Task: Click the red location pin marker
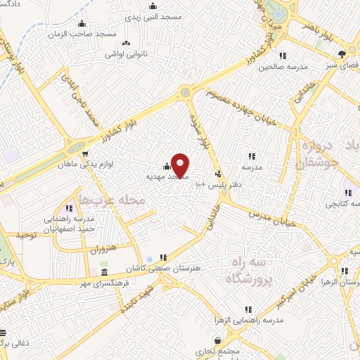(180, 165)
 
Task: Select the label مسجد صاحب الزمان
(77, 33)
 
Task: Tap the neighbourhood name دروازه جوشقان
(320, 153)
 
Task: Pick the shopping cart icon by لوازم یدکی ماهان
(85, 154)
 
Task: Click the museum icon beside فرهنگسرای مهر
(104, 271)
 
